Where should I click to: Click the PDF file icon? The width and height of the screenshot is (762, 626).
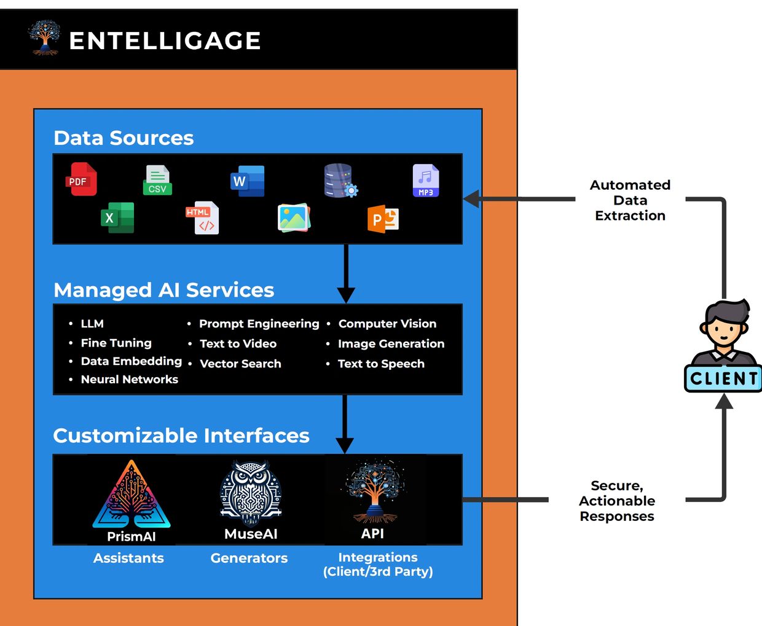click(81, 179)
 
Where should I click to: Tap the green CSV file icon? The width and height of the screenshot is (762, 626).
click(157, 180)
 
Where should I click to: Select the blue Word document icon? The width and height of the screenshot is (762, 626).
click(248, 181)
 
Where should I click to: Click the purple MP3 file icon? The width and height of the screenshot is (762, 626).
click(425, 181)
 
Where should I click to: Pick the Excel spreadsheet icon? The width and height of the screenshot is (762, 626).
click(117, 217)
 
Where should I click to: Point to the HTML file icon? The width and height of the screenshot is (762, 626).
click(203, 218)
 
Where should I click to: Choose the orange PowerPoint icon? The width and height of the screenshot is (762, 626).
click(383, 219)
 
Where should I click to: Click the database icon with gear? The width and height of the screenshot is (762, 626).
click(340, 181)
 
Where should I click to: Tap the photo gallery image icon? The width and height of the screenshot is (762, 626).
click(294, 218)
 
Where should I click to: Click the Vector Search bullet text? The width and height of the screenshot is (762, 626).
click(240, 364)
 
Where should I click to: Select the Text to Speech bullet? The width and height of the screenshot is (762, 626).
click(381, 364)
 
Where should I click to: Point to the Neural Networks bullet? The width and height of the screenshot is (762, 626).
click(129, 380)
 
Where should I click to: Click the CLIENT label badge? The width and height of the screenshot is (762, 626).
click(723, 378)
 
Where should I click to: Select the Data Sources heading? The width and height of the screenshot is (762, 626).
click(124, 138)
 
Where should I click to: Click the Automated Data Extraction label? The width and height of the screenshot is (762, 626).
click(630, 200)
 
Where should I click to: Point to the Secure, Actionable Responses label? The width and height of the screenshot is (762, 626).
click(617, 501)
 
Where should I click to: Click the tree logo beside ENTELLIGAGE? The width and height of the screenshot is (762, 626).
click(44, 38)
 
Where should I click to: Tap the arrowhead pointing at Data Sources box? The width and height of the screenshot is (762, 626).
click(471, 199)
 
